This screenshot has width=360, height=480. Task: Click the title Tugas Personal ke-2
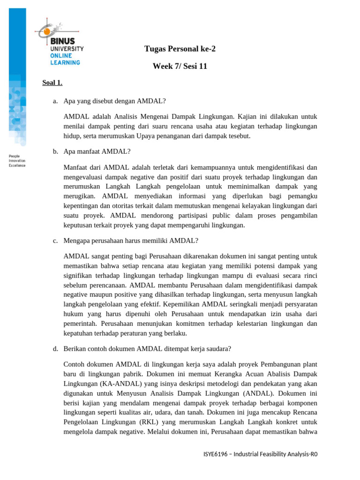tap(180, 49)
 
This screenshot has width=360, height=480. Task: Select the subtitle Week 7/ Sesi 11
tap(180, 67)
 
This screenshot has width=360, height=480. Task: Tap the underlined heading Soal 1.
tap(52, 83)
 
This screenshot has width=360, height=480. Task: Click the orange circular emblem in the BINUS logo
tap(47, 31)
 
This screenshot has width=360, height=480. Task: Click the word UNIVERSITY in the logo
tap(67, 48)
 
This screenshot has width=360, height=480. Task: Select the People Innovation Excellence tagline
tap(17, 160)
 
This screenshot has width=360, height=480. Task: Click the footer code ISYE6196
tap(217, 454)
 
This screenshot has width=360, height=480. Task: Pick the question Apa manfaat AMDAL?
tap(97, 151)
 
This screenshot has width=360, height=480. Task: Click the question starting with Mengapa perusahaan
tap(131, 240)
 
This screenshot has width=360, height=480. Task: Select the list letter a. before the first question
tap(55, 101)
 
